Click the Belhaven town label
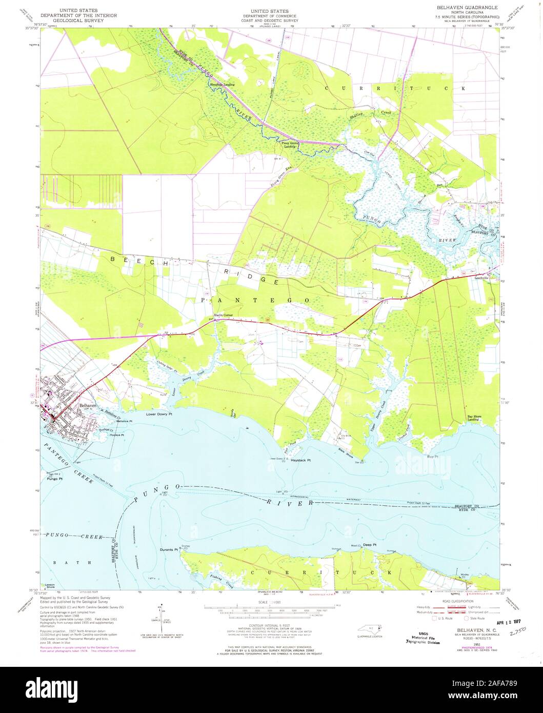(88, 405)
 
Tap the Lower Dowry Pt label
(158, 413)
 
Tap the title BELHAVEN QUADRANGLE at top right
(467, 7)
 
